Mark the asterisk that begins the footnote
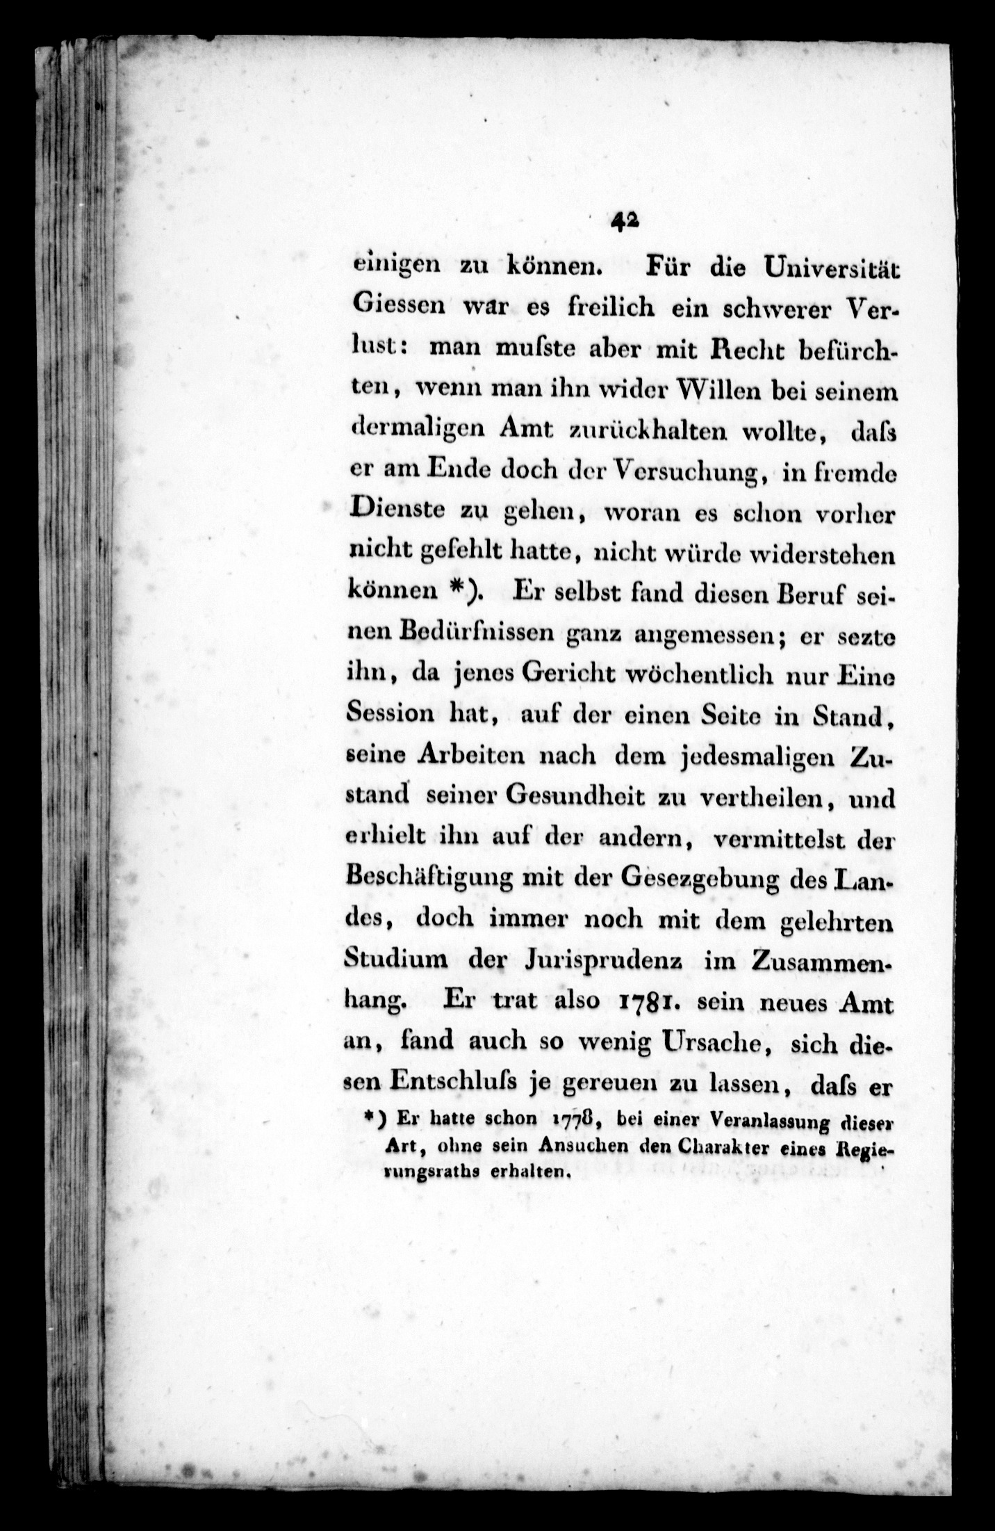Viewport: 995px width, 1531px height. [x=372, y=1119]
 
